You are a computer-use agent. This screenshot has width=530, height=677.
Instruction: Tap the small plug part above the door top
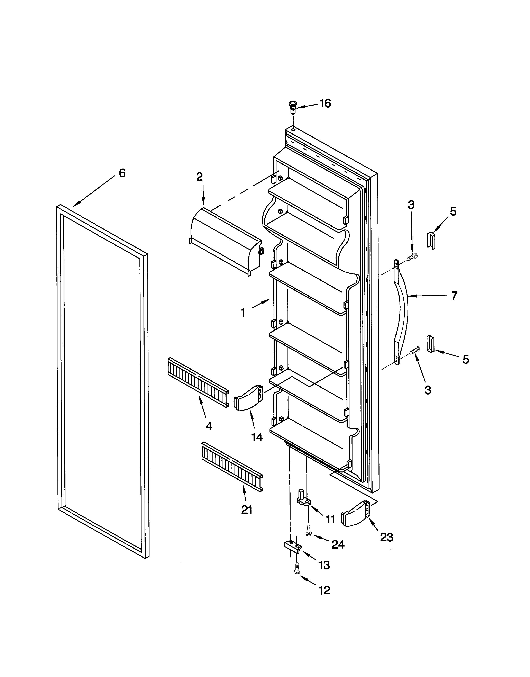pyautogui.click(x=292, y=107)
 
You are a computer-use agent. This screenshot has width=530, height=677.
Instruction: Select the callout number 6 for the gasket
pyautogui.click(x=122, y=173)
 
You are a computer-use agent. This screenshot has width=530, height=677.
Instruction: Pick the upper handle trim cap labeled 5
pyautogui.click(x=432, y=240)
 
